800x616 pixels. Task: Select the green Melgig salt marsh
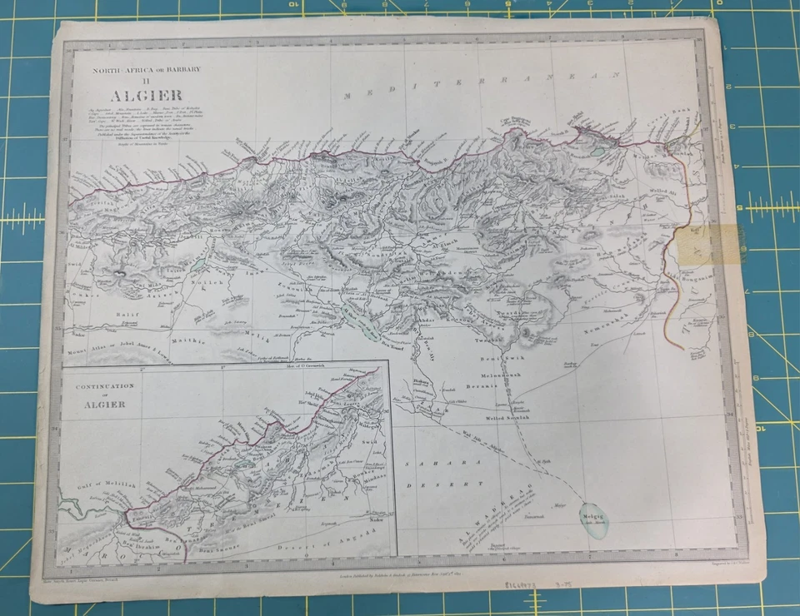[593, 519]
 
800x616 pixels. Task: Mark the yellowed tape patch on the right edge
[711, 244]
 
